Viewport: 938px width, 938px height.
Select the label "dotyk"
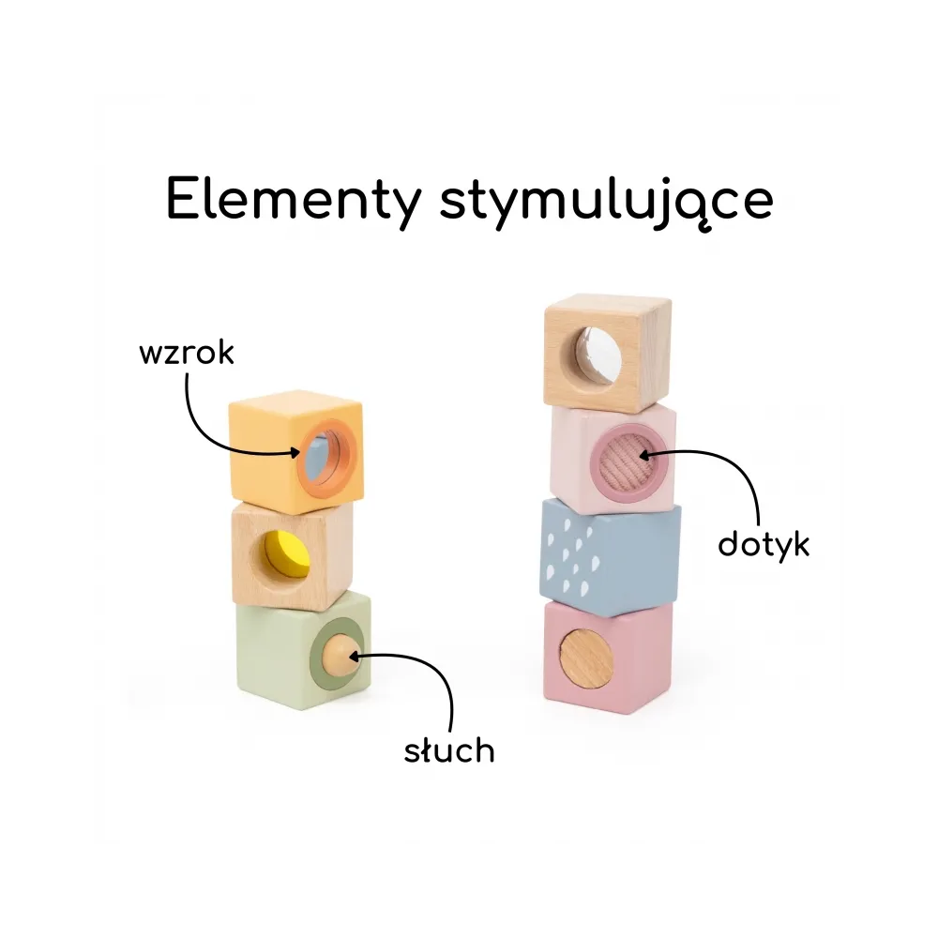click(763, 544)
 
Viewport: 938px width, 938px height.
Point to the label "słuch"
click(448, 750)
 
